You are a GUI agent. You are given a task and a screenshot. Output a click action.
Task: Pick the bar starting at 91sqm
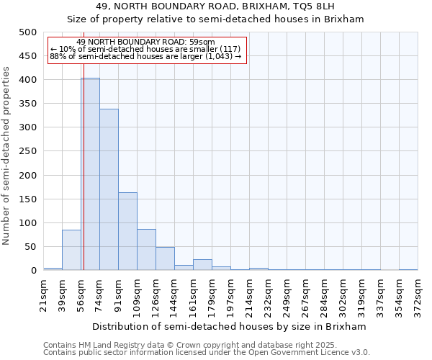click(x=127, y=231)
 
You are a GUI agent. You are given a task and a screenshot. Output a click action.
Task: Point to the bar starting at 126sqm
click(x=165, y=259)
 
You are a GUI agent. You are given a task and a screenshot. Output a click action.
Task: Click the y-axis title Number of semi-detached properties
click(x=7, y=156)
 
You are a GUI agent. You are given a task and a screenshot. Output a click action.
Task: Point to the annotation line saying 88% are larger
click(x=145, y=56)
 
